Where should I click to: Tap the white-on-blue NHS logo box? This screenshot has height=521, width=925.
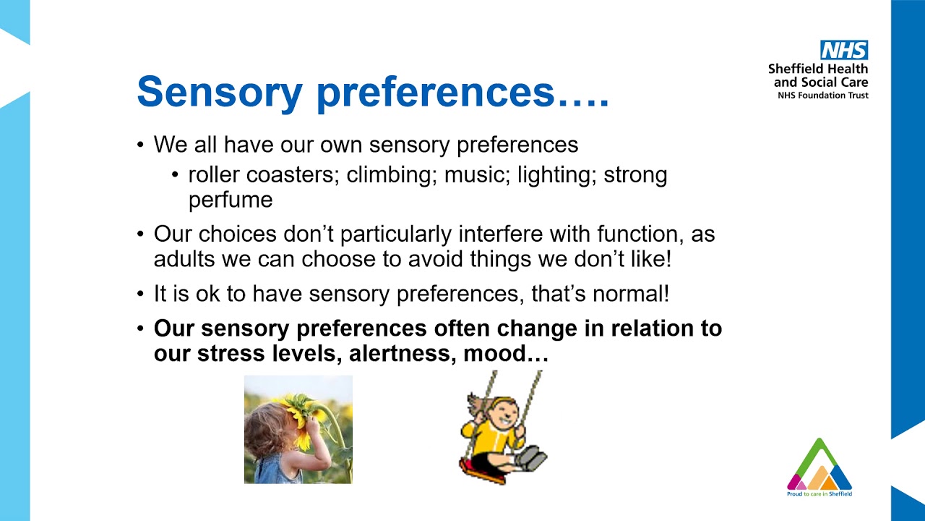(843, 50)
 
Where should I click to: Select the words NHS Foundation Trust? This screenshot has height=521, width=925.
(822, 96)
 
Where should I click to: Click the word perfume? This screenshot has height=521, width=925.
(231, 200)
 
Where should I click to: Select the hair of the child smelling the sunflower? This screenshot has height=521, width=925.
(261, 434)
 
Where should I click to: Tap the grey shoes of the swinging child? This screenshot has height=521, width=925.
(532, 457)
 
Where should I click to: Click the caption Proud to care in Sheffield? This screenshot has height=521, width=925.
(819, 494)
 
